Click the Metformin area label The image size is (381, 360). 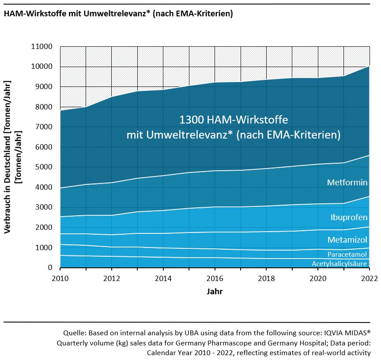tap(347, 182)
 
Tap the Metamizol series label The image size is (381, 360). tap(347, 240)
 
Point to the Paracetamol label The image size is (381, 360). tap(347, 255)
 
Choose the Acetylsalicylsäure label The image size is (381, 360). tap(340, 264)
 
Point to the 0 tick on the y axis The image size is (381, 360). tap(50, 268)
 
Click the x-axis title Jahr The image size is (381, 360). tap(215, 292)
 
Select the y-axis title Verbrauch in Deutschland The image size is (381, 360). tap(8, 157)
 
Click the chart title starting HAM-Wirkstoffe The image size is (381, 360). tap(118, 14)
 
